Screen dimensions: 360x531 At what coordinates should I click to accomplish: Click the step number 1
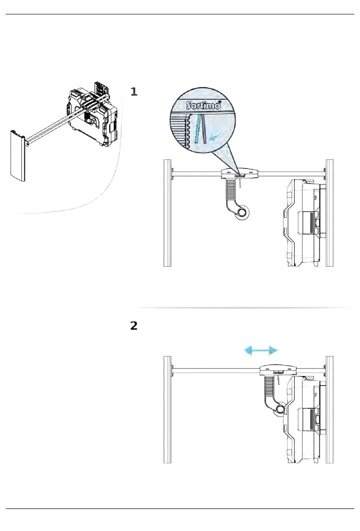coord(134,92)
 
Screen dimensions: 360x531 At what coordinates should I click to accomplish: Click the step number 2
coord(134,326)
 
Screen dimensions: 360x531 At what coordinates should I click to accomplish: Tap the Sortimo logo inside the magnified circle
coord(203,105)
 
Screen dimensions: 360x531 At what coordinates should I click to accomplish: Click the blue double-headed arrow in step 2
coord(261,350)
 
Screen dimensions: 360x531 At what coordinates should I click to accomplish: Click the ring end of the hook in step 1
coord(243,212)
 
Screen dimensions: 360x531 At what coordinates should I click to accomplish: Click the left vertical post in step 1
coord(167,213)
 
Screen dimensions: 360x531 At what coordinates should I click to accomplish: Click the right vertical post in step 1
coord(330,213)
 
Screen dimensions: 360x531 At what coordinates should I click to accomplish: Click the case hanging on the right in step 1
coord(305,223)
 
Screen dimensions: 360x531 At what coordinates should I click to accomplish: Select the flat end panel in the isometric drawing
coord(18,156)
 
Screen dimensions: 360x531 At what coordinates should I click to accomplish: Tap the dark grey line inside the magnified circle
coord(204,129)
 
